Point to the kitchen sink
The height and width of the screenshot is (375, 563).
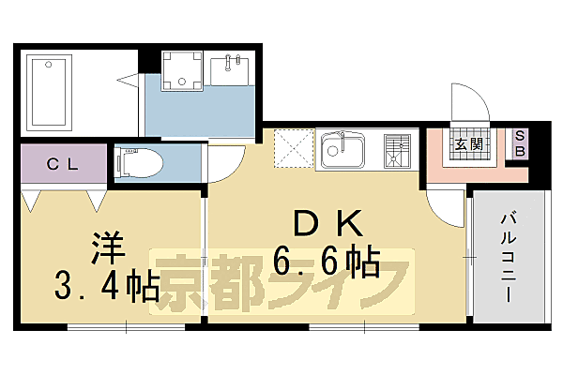click(342, 150)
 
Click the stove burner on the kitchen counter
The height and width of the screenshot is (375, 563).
click(398, 150)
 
